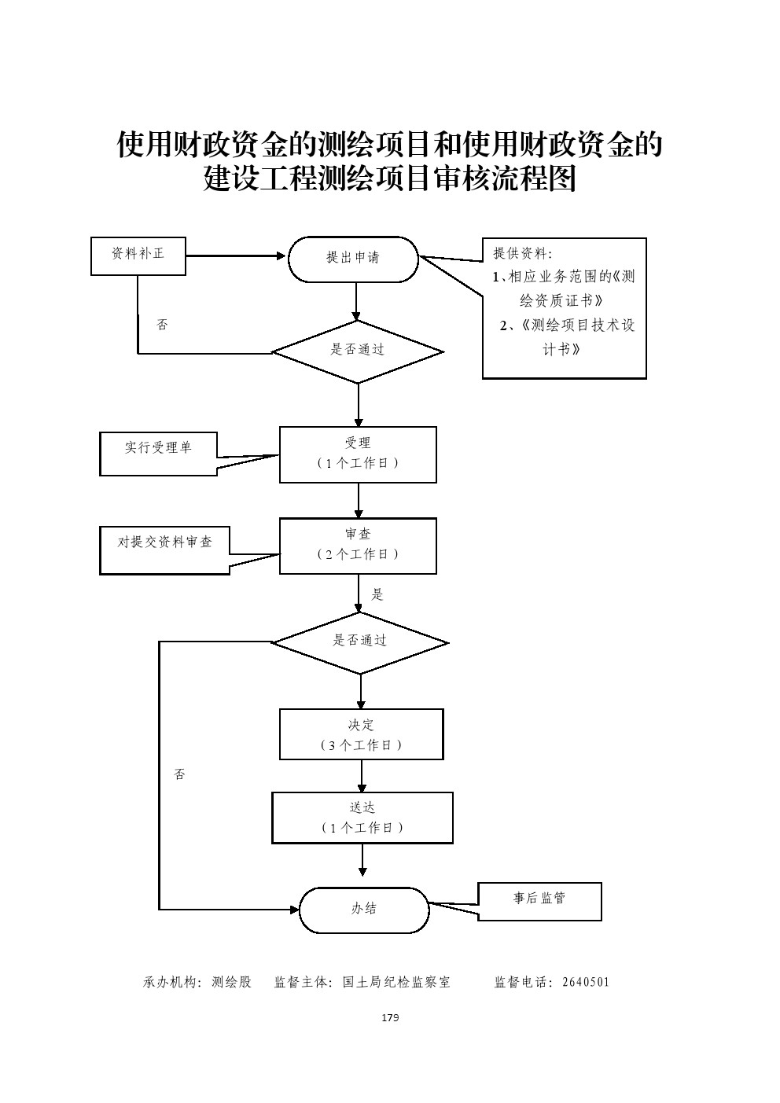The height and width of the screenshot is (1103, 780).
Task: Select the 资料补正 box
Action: coord(138,256)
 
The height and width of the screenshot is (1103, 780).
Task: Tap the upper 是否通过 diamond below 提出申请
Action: coord(358,351)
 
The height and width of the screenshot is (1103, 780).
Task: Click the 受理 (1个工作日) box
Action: coord(358,454)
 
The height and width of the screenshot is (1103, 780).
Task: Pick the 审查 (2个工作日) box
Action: coord(358,546)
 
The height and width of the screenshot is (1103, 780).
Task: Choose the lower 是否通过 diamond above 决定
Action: coord(360,642)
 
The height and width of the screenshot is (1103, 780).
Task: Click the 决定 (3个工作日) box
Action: coord(362,734)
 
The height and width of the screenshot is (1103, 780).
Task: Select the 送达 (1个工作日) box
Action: coord(362,818)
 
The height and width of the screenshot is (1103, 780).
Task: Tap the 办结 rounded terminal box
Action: coord(364,910)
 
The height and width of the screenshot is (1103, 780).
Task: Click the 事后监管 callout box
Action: coord(539,900)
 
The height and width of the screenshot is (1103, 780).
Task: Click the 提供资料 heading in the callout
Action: coord(522,253)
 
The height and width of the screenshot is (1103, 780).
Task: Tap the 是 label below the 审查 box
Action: coord(377,594)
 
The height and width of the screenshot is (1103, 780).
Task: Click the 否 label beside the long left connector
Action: coord(179,774)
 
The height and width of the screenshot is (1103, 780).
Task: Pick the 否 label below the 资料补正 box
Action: coord(162,325)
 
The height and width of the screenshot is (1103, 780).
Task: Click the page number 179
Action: coord(390,1018)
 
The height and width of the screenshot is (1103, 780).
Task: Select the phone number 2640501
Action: coord(586,982)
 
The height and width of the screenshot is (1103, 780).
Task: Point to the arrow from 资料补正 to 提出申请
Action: coord(236,256)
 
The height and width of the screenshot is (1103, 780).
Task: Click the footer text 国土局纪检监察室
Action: coord(397,982)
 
